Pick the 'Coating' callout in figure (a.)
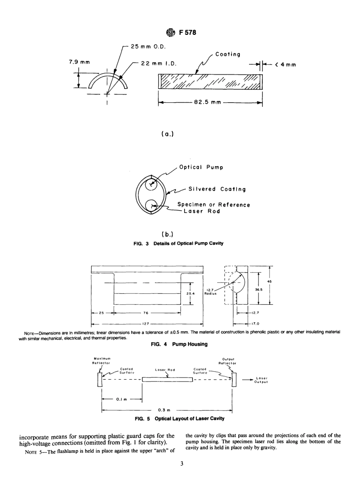pyautogui.click(x=227, y=55)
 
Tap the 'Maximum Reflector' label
pyautogui.click(x=101, y=360)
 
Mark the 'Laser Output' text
pyautogui.click(x=262, y=380)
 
